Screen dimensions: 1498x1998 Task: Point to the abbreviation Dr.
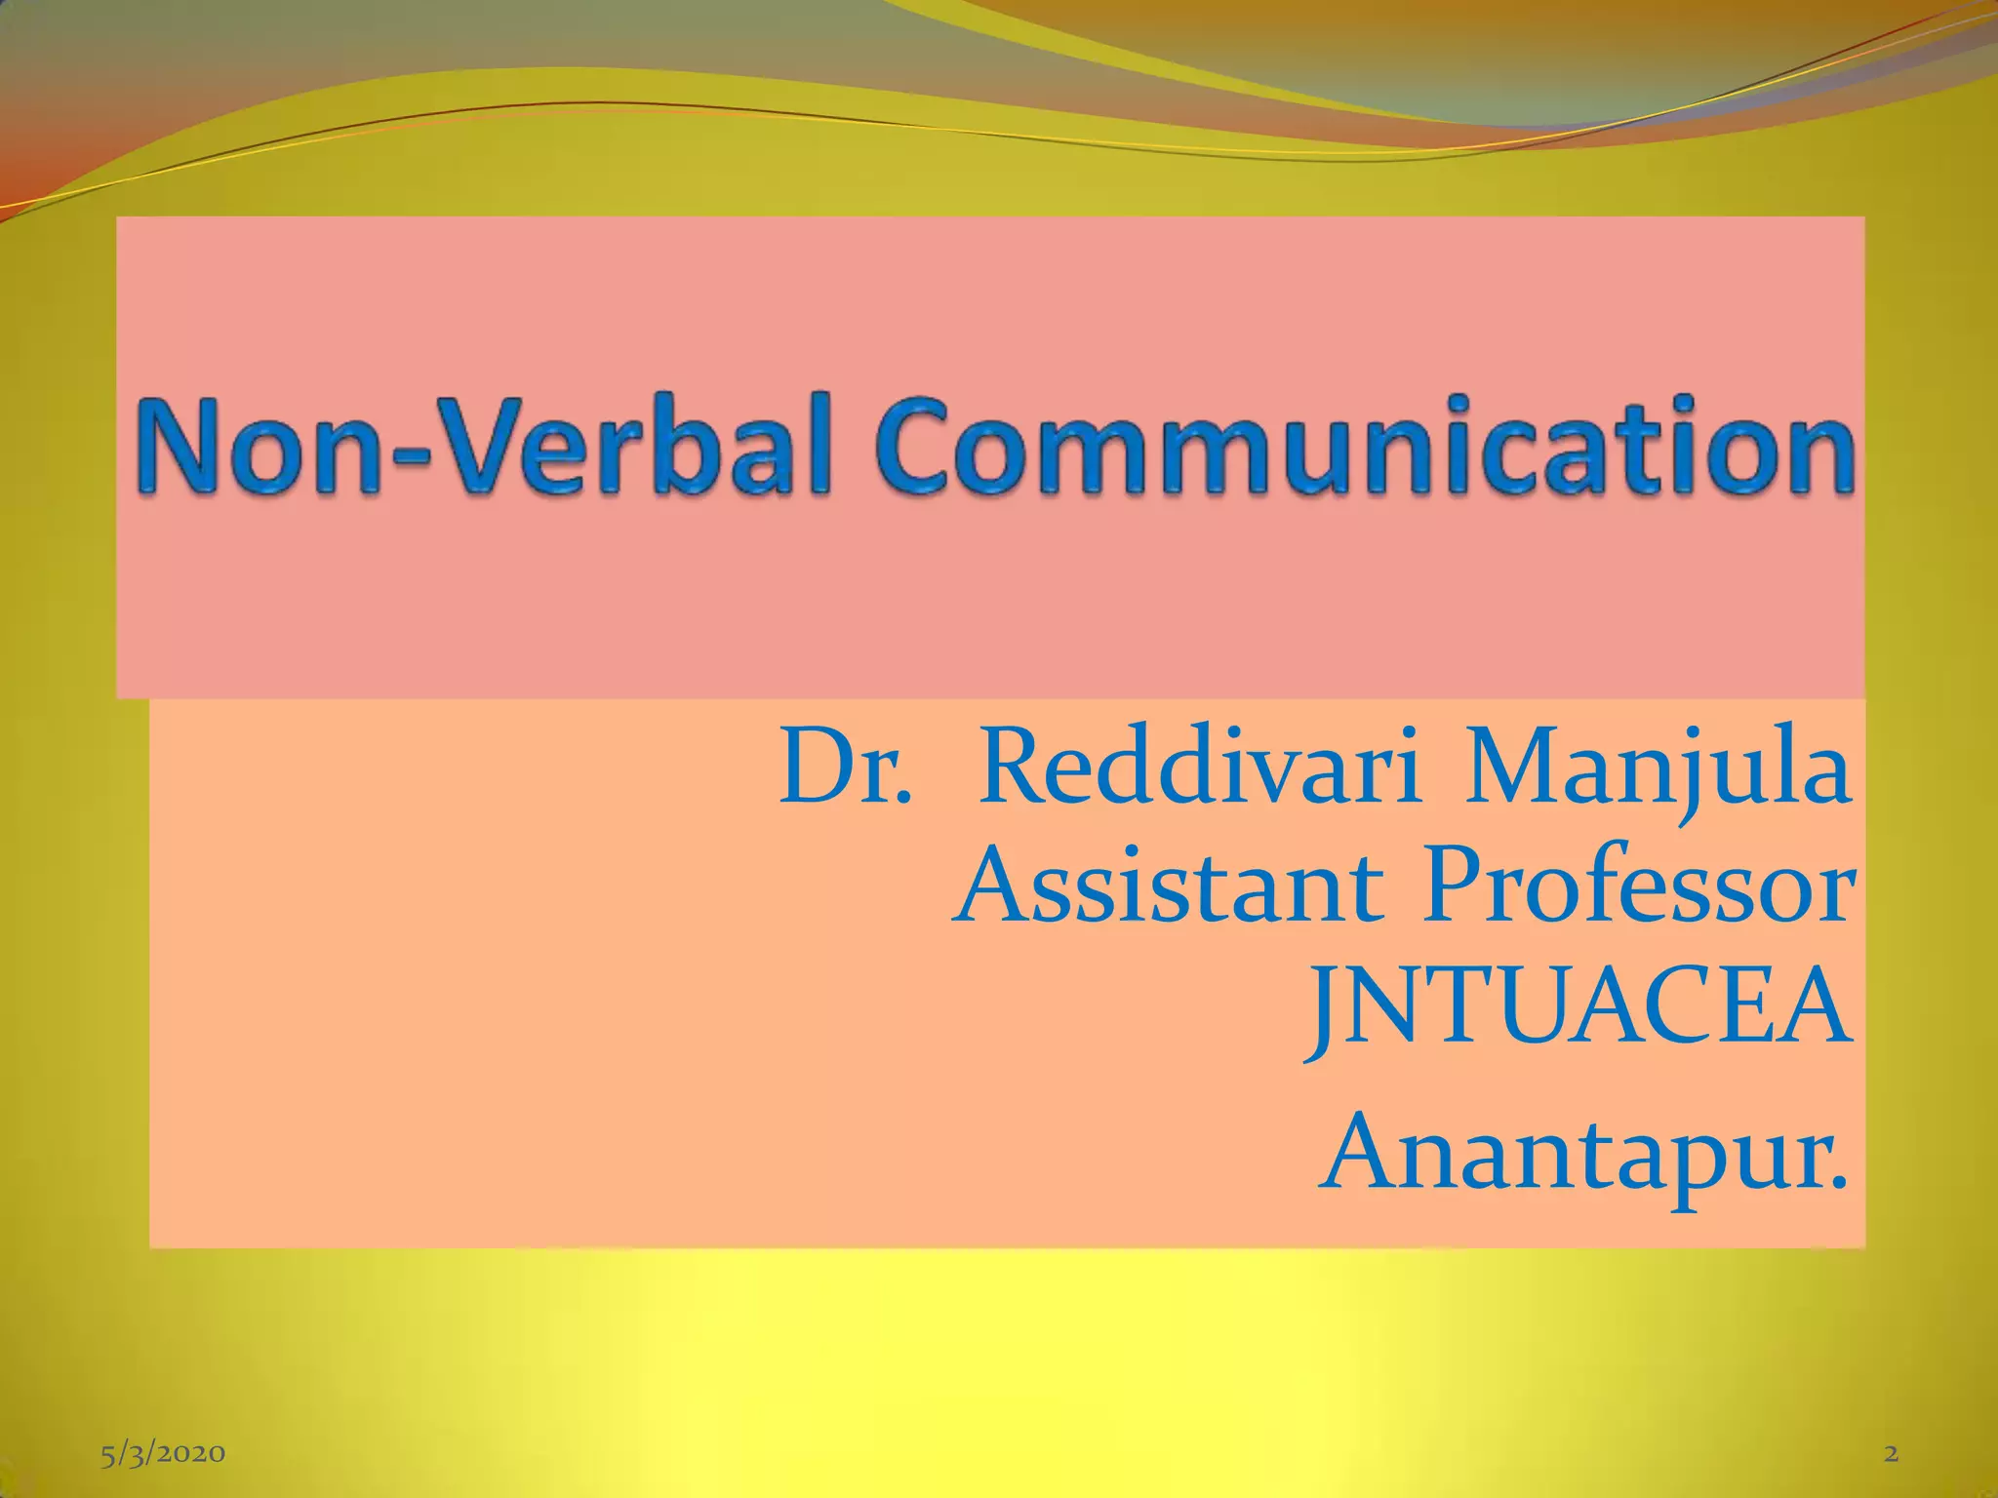[846, 768]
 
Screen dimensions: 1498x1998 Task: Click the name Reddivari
[1200, 768]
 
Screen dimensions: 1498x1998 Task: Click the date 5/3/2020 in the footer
[163, 1454]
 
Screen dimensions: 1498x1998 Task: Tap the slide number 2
[1891, 1454]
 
